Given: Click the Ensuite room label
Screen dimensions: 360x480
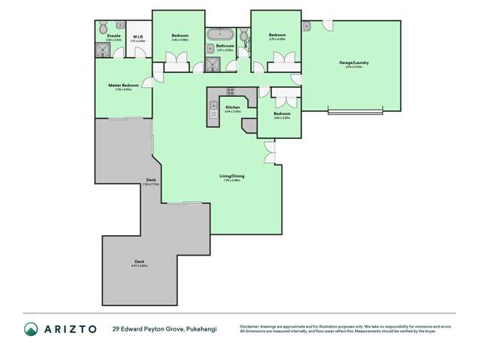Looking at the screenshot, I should (114, 35).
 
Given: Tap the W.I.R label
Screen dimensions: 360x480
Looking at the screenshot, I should (138, 35).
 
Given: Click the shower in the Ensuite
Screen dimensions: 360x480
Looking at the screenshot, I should (103, 50).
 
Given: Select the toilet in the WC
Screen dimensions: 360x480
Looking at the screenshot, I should (243, 38).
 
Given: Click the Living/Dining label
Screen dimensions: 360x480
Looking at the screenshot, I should (234, 176).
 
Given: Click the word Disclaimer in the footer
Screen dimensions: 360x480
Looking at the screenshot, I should (252, 326).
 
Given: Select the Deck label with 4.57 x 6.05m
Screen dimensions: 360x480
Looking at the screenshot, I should (140, 262).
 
